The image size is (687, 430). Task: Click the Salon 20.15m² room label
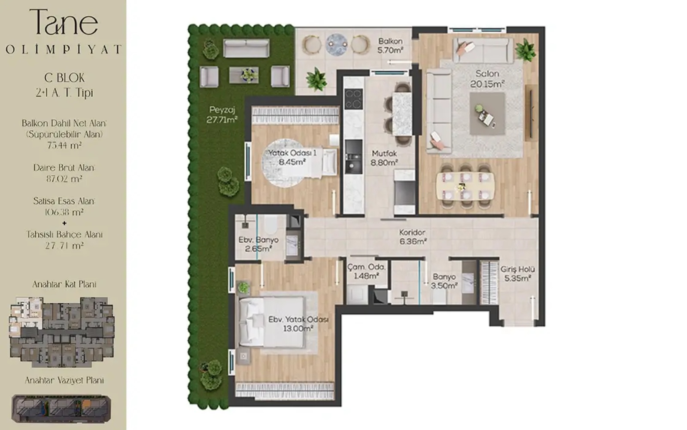487,79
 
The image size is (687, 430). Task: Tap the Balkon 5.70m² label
390,46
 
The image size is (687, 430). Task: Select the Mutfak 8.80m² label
384,158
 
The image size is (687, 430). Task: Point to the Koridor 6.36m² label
413,237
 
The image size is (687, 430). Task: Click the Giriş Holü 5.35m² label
517,273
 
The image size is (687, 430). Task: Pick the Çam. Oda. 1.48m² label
366,271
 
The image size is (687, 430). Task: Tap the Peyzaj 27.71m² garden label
222,114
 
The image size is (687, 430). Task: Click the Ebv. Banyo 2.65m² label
258,244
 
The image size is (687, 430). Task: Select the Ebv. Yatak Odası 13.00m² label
298,324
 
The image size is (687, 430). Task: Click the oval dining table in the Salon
465,186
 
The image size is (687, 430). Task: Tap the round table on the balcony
336,45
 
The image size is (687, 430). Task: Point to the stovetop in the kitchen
354,99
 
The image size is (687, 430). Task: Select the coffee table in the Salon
487,114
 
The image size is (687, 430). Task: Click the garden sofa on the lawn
246,48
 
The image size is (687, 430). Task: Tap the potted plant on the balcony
316,79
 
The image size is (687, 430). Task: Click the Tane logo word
64,21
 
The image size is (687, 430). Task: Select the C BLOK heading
64,78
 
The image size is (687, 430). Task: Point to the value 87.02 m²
64,179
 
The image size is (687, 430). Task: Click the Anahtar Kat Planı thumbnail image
62,332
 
